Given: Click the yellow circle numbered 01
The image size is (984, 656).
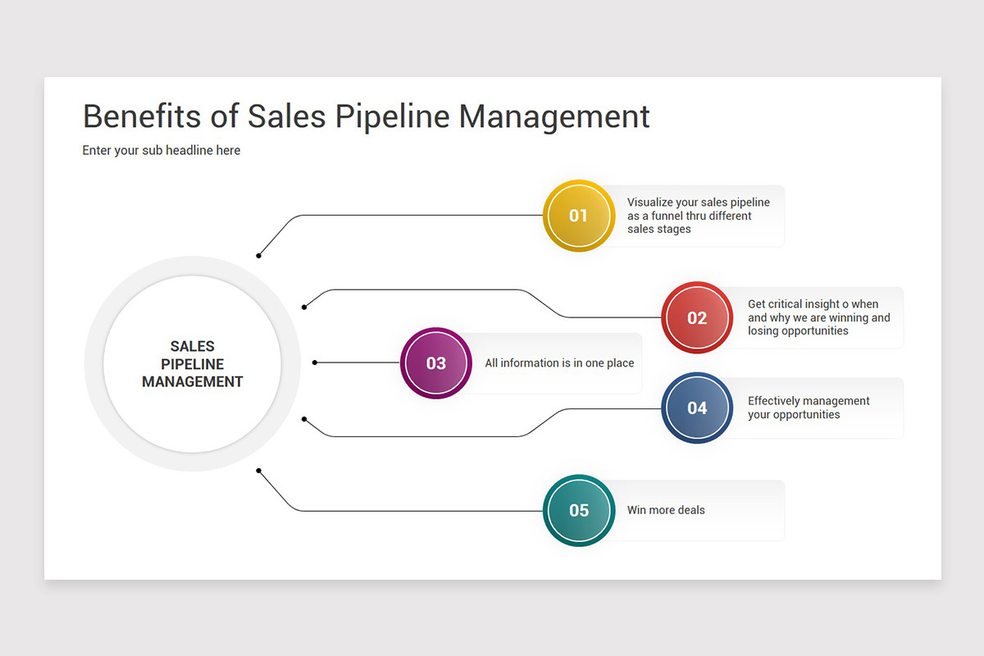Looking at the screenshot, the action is tap(579, 216).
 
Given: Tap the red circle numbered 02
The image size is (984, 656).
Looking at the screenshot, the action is tap(697, 317).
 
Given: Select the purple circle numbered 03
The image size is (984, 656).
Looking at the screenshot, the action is tap(435, 363).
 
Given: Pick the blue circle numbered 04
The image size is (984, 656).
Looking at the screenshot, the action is tap(697, 408).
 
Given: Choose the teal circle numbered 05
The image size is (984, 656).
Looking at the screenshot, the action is tap(579, 510).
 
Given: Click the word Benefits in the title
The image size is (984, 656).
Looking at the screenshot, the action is tap(141, 116).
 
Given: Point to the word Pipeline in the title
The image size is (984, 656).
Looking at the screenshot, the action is tap(392, 117).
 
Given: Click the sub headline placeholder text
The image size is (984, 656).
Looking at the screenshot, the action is tap(162, 150).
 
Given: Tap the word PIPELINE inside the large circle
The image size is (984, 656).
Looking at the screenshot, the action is tap(193, 364).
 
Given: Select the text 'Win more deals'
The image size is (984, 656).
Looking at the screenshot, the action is tap(666, 510).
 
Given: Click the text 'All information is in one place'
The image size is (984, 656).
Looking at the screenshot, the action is tap(559, 363).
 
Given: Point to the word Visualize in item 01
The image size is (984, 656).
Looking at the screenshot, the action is tap(649, 202).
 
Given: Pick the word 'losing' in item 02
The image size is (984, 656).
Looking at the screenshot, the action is tap(762, 330).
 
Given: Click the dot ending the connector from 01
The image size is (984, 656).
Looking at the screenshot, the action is tap(259, 256).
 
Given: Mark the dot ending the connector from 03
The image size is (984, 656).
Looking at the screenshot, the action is tap(315, 362).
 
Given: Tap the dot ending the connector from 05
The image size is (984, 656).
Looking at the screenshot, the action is tap(259, 471).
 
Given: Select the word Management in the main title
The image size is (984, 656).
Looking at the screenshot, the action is tap(554, 117).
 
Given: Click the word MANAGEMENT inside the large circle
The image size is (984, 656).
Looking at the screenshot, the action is tap(193, 382).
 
